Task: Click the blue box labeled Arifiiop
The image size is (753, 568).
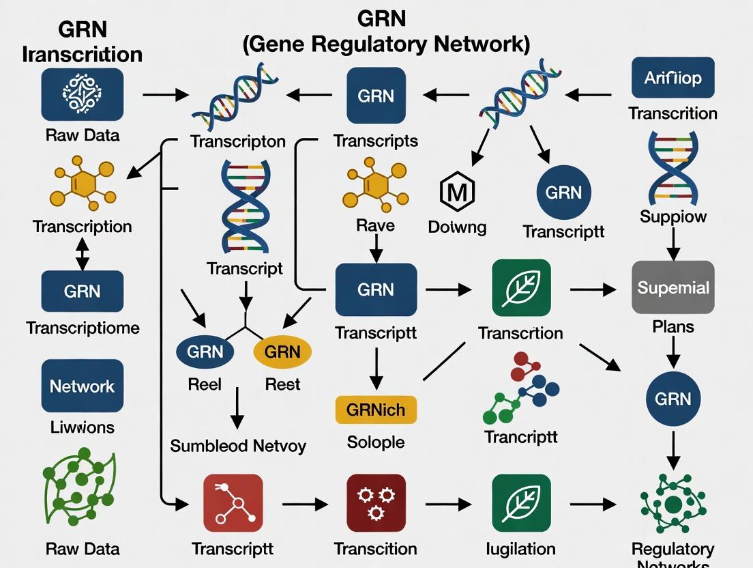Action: [673, 78]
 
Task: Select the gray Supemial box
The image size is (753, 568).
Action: [673, 287]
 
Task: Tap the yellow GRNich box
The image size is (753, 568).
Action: [376, 410]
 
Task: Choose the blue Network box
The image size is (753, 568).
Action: [83, 386]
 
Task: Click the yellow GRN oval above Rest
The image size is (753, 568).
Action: [282, 352]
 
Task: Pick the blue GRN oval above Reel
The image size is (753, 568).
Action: [205, 352]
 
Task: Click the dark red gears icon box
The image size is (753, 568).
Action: [376, 504]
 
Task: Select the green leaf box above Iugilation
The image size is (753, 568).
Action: [520, 504]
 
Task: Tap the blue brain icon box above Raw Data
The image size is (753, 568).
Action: [83, 94]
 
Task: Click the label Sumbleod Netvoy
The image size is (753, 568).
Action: [238, 446]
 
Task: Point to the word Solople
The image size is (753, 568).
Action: [376, 442]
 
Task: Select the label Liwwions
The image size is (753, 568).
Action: [83, 427]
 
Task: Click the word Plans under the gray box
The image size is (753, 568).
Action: [673, 326]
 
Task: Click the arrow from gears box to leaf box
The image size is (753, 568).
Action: [448, 505]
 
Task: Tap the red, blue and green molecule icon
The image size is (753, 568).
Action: [520, 388]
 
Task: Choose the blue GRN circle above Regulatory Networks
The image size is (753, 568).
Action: [673, 399]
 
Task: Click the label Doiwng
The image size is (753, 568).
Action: [458, 227]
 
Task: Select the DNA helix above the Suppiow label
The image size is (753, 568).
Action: [673, 168]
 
